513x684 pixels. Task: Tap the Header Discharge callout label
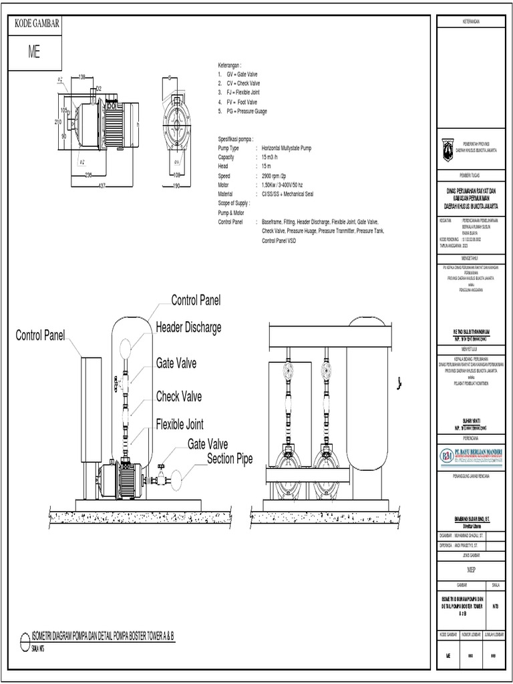[188, 327]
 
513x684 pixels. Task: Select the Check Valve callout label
[179, 396]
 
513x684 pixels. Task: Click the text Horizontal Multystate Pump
[287, 148]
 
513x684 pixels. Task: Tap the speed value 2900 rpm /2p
[274, 176]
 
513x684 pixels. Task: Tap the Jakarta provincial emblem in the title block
[448, 149]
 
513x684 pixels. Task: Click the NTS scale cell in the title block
[495, 607]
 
